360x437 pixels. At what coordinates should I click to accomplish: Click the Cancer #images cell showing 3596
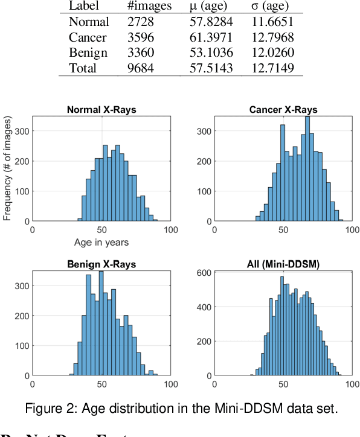(140, 37)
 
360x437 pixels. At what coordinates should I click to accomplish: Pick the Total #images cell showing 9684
(140, 68)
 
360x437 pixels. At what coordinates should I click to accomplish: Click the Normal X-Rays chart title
(101, 110)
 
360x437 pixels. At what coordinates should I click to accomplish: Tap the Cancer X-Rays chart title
(283, 110)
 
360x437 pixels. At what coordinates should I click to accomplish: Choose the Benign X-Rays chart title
(101, 264)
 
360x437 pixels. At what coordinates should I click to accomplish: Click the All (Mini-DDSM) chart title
(283, 264)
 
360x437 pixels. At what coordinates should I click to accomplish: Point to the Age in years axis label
(101, 242)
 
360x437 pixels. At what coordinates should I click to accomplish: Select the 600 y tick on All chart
(205, 273)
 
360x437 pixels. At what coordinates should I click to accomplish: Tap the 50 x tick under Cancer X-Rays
(283, 230)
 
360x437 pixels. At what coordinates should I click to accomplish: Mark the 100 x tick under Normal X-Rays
(170, 230)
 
